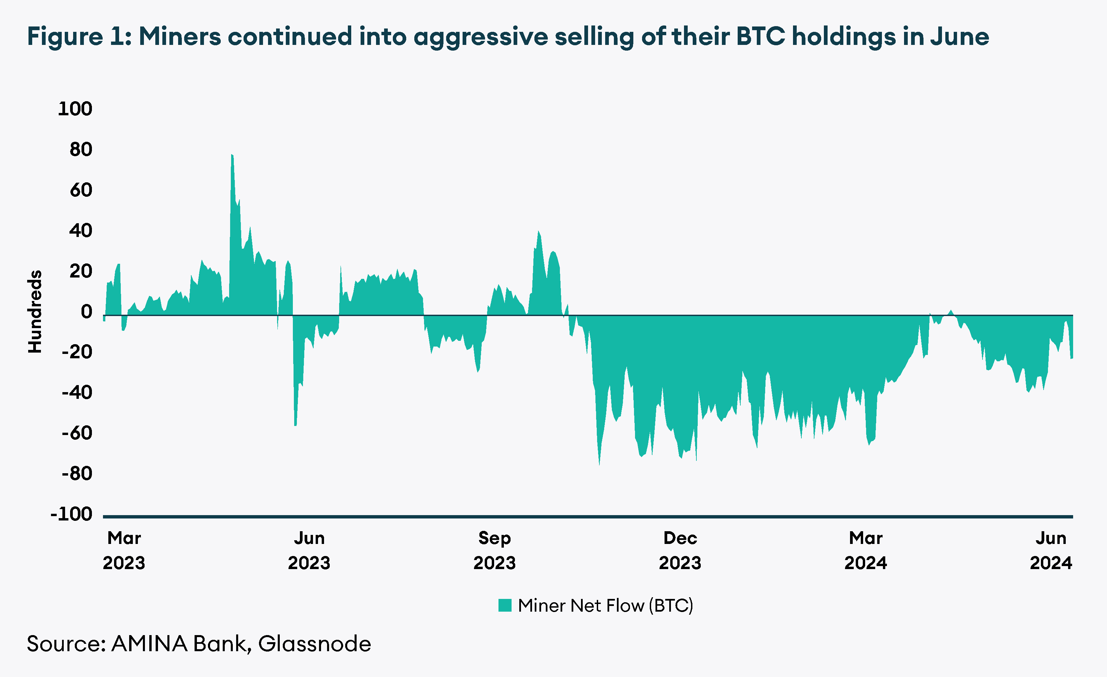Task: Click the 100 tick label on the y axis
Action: (75, 109)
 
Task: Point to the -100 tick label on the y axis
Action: (71, 514)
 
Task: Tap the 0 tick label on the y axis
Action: (86, 312)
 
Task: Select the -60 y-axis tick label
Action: (77, 433)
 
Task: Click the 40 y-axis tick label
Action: (81, 231)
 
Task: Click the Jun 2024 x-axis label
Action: (1051, 550)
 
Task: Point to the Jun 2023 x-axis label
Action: (309, 550)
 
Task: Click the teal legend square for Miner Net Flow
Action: (505, 606)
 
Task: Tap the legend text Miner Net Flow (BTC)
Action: (605, 606)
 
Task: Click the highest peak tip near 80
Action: (232, 155)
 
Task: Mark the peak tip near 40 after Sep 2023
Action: (539, 232)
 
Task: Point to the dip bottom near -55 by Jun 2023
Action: (295, 425)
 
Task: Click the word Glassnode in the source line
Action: (315, 644)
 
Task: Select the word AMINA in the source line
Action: (149, 644)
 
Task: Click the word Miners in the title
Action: (180, 37)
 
